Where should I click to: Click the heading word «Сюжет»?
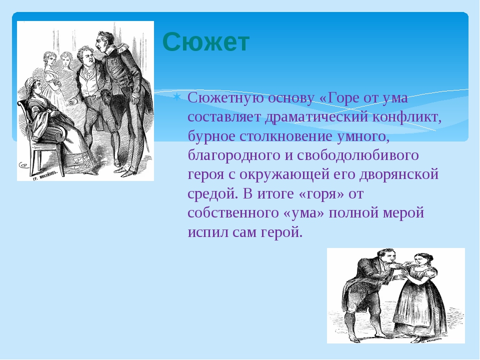pos(206,41)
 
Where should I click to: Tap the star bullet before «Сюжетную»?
pos(176,97)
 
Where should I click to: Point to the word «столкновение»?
pos(286,136)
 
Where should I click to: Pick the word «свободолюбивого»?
pos(357,155)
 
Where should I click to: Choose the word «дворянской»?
pos(399,174)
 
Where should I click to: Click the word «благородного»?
pos(234,155)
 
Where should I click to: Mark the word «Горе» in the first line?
pos(343,98)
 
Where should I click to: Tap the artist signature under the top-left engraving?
pos(44,175)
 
